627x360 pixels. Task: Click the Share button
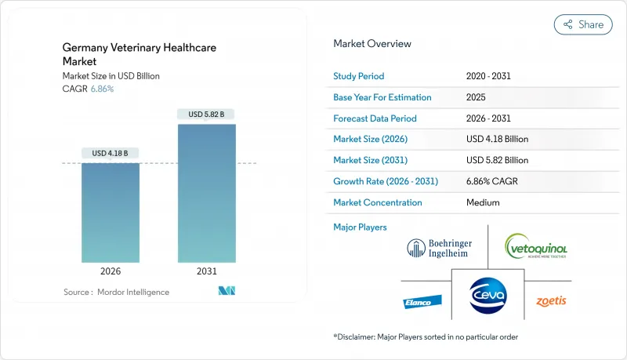[x=583, y=24]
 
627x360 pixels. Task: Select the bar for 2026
[x=111, y=212]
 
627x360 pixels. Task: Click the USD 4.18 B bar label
[x=111, y=152]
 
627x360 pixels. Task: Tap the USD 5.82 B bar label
[x=206, y=114]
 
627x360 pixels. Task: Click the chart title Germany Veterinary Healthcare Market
[x=139, y=54]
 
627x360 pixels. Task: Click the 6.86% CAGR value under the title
[x=101, y=89]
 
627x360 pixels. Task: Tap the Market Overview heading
[x=372, y=43]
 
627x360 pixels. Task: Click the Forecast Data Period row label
[x=375, y=118]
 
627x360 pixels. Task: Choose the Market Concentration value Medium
[x=484, y=202]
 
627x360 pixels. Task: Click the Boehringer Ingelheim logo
[x=439, y=248]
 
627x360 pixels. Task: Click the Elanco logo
[x=419, y=301]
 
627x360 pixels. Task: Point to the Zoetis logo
[x=551, y=301]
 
